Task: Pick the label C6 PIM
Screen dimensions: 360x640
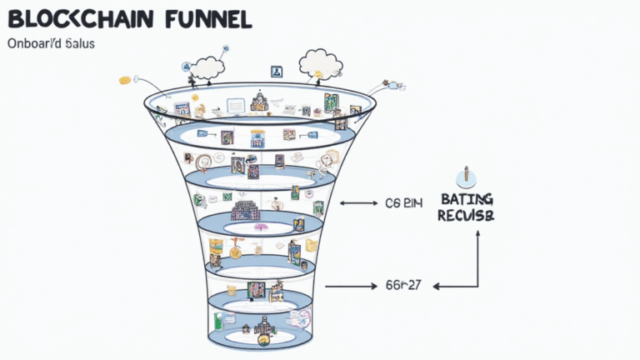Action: coord(404,202)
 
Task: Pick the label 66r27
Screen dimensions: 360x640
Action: coord(402,286)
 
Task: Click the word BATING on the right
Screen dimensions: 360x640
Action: coord(465,199)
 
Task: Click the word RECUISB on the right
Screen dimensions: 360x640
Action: coord(465,216)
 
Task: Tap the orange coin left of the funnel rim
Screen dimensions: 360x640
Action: coord(125,80)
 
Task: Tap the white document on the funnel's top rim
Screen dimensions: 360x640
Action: coord(237,105)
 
